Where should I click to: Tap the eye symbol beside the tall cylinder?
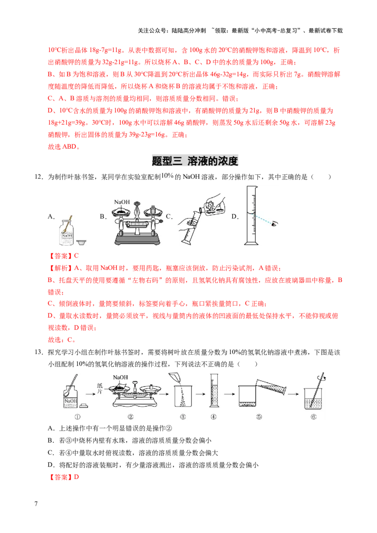click(274, 225)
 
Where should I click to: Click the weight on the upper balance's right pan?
click(154, 209)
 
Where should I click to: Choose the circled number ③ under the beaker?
click(183, 416)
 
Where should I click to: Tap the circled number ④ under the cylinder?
click(213, 416)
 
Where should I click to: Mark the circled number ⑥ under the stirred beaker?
click(313, 416)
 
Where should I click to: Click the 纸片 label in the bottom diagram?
click(99, 389)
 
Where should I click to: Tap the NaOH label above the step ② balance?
click(121, 378)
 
